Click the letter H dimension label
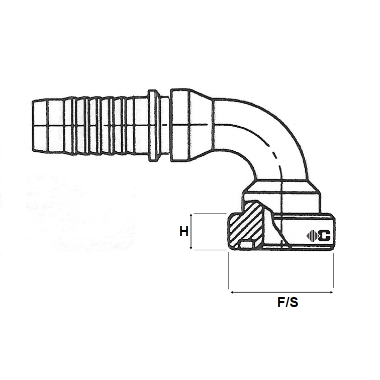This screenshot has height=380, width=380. click(184, 232)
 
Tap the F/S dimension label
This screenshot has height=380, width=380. click(288, 303)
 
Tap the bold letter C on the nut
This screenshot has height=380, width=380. click(324, 235)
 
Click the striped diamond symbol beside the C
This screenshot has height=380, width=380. click(312, 235)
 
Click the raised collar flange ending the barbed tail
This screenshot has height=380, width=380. click(154, 125)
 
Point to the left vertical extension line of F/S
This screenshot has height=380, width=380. click(229, 271)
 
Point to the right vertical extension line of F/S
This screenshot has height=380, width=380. click(333, 271)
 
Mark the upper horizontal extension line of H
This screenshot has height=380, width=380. click(209, 214)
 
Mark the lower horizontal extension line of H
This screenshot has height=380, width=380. click(209, 250)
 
